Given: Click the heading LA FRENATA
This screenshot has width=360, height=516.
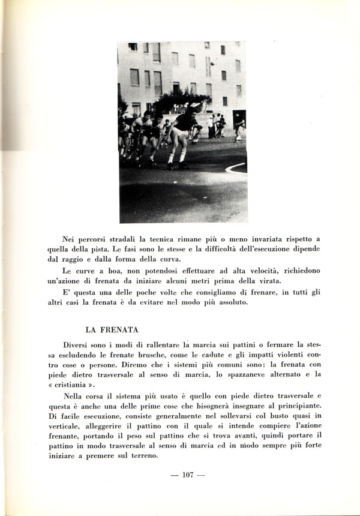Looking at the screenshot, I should [112, 329].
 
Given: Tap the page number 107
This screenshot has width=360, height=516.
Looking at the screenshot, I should [187, 475].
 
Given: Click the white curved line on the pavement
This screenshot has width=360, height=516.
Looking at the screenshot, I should [235, 167].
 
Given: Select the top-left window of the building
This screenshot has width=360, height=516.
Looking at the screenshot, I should [133, 47].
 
